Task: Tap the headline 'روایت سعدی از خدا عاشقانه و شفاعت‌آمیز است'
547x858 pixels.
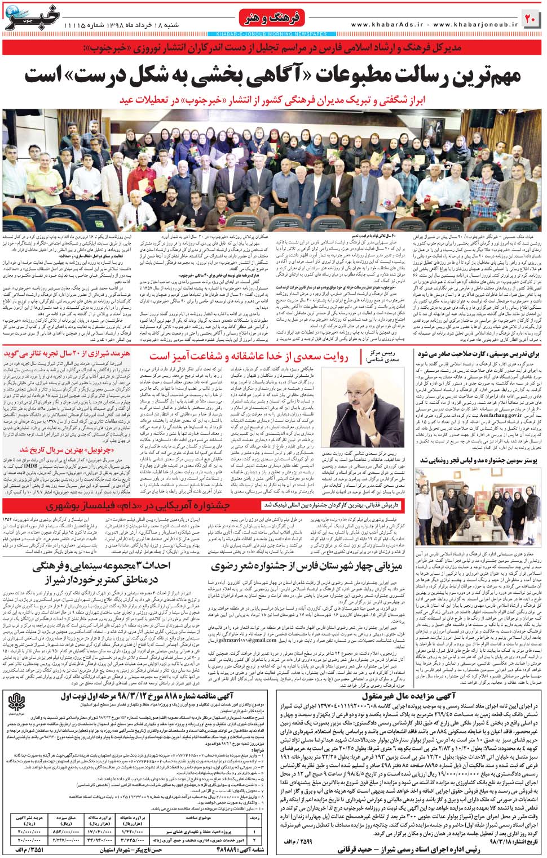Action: click(249, 357)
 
